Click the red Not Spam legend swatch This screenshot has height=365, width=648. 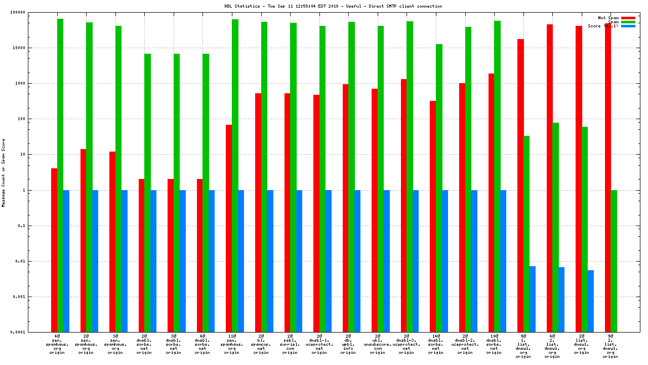pyautogui.click(x=628, y=18)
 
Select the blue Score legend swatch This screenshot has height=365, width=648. pyautogui.click(x=628, y=26)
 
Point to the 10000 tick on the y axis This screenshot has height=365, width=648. pyautogui.click(x=32, y=48)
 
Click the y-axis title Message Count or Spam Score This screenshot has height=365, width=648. pyautogui.click(x=4, y=172)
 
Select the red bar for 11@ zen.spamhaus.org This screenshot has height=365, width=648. pyautogui.click(x=229, y=228)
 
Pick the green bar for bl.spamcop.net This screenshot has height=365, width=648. pyautogui.click(x=264, y=177)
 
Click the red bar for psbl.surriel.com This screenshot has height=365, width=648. pyautogui.click(x=287, y=212)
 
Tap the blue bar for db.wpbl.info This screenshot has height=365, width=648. pyautogui.click(x=357, y=261)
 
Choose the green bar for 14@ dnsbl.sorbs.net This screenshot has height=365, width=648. pyautogui.click(x=439, y=188)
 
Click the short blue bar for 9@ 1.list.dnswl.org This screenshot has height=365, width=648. pyautogui.click(x=533, y=299)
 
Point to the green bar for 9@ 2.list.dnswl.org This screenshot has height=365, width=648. pyautogui.click(x=614, y=261)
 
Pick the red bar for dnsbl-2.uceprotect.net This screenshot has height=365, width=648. pyautogui.click(x=462, y=207)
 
